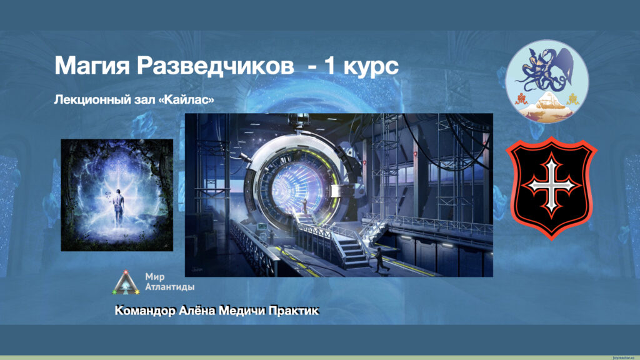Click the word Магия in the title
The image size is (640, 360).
[92, 65]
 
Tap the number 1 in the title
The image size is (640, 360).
[329, 65]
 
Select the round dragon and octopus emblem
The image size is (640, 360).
[547, 82]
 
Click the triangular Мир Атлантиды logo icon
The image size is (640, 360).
[126, 282]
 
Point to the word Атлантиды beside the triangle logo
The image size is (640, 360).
[170, 286]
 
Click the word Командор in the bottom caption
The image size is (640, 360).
[145, 311]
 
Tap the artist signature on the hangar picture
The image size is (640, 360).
[198, 269]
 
